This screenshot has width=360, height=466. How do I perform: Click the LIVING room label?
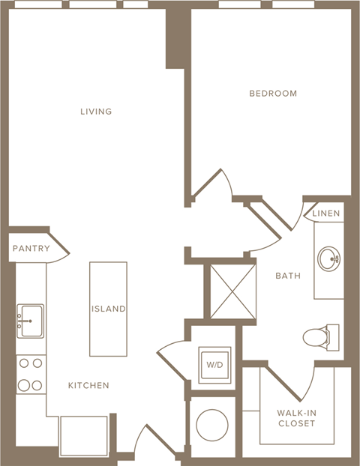(x=96, y=112)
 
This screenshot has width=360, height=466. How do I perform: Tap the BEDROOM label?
(x=273, y=94)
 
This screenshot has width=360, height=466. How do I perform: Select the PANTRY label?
(x=31, y=249)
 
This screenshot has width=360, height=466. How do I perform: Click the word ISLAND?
(x=108, y=309)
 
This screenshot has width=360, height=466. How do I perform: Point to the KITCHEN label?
(x=88, y=385)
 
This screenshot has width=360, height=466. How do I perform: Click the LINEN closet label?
(x=325, y=214)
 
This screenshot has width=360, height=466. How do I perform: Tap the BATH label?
(x=287, y=276)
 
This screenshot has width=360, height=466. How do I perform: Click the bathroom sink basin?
(x=328, y=260)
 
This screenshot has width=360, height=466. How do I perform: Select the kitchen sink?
(x=30, y=321)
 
